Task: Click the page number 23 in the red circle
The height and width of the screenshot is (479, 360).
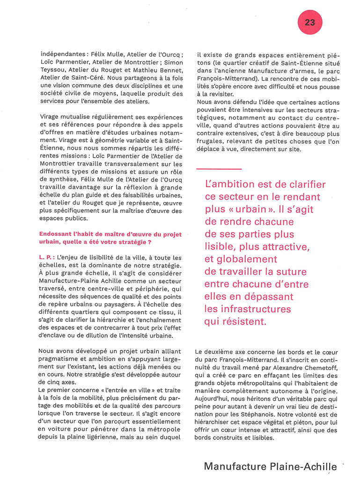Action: (x=309, y=22)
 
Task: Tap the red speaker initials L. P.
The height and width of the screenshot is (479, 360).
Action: (x=46, y=258)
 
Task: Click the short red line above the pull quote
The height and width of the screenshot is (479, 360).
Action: (x=219, y=169)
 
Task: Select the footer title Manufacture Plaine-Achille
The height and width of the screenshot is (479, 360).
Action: (x=270, y=466)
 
